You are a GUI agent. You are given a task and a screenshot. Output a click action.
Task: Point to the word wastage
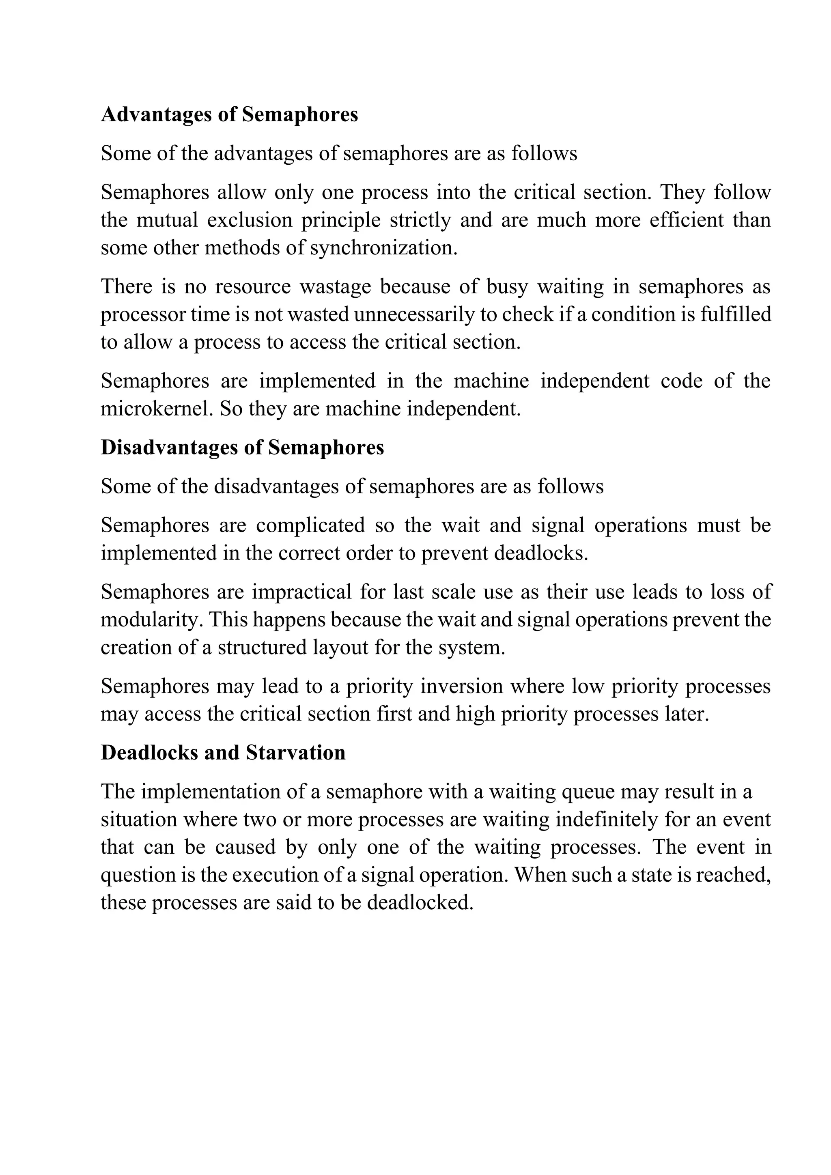tap(335, 286)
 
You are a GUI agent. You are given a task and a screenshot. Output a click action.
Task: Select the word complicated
tap(310, 525)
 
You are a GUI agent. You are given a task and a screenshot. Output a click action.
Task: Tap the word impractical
tap(301, 592)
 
